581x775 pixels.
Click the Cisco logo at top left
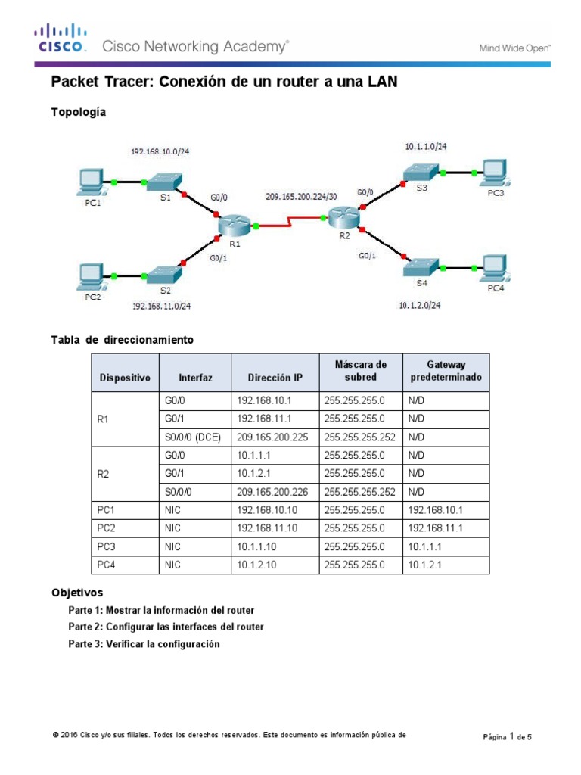click(x=60, y=39)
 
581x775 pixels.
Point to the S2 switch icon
click(x=163, y=274)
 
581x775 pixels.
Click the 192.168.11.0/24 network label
click(x=161, y=306)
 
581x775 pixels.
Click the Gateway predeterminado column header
click(x=446, y=371)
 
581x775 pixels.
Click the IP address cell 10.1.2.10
click(x=257, y=565)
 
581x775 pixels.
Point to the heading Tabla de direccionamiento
click(x=122, y=340)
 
